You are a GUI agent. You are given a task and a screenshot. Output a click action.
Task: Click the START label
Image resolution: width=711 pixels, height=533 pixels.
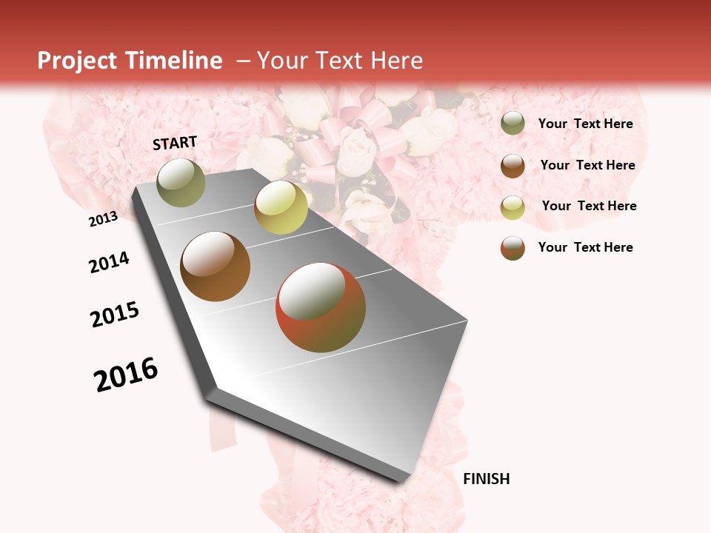175,143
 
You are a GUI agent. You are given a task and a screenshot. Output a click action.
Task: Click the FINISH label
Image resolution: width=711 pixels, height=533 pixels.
487,479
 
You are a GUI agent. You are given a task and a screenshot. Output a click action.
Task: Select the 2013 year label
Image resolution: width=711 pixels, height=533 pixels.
103,219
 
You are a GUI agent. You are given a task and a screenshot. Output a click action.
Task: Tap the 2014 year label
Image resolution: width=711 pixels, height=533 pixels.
109,263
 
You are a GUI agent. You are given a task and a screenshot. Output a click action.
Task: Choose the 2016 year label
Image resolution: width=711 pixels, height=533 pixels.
126,375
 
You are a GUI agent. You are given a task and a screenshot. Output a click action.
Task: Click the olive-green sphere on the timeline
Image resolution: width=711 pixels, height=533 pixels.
181,182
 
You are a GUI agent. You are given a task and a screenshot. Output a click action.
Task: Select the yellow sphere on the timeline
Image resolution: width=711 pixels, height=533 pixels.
281,207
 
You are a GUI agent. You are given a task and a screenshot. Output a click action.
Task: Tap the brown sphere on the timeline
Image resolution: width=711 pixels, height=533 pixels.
216,266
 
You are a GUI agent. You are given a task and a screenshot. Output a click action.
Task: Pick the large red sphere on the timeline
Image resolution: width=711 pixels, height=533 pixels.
321,307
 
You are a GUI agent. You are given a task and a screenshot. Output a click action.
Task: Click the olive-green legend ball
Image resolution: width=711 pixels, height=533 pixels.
513,124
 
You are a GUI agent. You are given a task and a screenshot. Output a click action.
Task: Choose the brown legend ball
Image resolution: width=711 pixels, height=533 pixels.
513,166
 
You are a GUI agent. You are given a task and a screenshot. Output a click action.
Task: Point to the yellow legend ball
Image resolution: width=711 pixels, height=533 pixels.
513,207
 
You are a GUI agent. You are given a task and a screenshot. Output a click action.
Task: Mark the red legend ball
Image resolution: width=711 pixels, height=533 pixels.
513,248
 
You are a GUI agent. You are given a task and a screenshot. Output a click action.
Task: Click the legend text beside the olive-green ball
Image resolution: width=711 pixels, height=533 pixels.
585,124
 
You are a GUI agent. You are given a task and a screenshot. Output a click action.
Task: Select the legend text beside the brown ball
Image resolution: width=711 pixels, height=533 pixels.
587,165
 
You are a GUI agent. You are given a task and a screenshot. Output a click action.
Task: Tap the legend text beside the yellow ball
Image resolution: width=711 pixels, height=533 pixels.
589,206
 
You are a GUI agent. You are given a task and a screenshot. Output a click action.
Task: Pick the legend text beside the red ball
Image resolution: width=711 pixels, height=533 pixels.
585,247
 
